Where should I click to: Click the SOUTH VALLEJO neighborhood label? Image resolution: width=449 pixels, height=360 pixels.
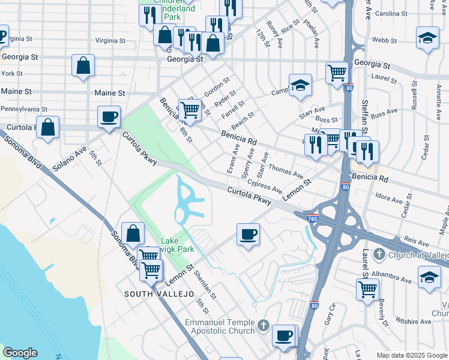(159, 294)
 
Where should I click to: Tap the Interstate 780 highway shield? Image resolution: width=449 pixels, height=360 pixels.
(312, 214)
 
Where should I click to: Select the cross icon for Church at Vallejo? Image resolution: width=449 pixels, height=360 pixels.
(378, 254)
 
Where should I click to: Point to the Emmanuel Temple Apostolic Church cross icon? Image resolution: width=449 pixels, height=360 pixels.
(263, 327)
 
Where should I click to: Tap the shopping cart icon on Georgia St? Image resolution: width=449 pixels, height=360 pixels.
(337, 73)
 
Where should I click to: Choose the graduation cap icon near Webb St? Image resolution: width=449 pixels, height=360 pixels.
(427, 38)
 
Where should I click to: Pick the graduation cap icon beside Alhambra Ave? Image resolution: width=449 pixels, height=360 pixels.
(429, 277)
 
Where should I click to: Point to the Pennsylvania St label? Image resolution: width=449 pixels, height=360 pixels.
(23, 109)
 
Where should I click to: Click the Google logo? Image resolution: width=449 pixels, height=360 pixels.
(20, 353)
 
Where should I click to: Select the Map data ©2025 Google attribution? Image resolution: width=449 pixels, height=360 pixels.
(412, 355)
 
